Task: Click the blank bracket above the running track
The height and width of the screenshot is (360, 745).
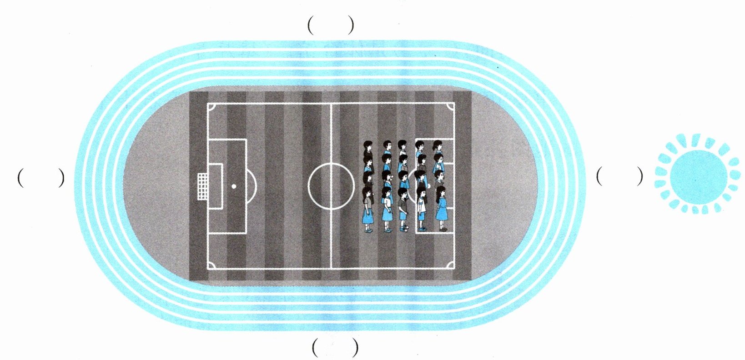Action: point(331,26)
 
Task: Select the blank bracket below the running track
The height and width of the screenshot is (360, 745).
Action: point(335,348)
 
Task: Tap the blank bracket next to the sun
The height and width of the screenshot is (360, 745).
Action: point(619,176)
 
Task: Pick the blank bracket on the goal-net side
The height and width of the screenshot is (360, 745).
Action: point(40,178)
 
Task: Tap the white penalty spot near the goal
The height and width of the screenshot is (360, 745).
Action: point(234,186)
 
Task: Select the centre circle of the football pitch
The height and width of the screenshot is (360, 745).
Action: point(331,186)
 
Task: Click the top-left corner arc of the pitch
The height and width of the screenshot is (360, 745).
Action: point(211,107)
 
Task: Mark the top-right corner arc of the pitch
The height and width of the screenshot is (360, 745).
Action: point(451,107)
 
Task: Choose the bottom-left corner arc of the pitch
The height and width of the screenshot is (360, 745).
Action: point(211,265)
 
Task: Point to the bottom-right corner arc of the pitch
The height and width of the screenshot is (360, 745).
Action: point(451,265)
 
